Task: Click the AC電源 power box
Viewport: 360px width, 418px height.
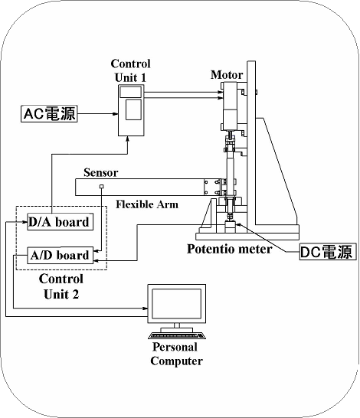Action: [49, 114]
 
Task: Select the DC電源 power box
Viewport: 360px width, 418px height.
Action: [328, 251]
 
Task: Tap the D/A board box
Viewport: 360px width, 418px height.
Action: [61, 222]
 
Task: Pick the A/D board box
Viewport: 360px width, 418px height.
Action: [61, 256]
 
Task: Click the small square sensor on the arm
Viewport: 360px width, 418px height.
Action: [101, 187]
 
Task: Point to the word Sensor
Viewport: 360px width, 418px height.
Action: [101, 172]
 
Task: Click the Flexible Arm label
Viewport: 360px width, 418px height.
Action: [147, 204]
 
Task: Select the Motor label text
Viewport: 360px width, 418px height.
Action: [227, 75]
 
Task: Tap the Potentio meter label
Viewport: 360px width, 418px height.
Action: [229, 249]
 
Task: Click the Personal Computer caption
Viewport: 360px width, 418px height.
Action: [176, 354]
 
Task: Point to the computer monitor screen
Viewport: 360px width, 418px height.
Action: [176, 304]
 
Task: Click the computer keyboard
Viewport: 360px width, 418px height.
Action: [177, 335]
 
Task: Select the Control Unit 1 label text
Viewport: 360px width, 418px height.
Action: [131, 70]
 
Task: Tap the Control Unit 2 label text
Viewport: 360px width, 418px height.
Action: [61, 286]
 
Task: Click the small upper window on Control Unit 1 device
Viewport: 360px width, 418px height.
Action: [130, 92]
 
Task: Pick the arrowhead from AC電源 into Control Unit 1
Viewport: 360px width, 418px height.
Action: [116, 114]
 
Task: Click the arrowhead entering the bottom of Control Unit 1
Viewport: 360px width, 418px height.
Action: [128, 139]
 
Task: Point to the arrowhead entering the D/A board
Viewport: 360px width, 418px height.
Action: [25, 222]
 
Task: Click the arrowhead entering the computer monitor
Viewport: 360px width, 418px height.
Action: [145, 309]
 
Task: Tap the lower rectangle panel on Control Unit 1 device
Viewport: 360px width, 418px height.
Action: [133, 109]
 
